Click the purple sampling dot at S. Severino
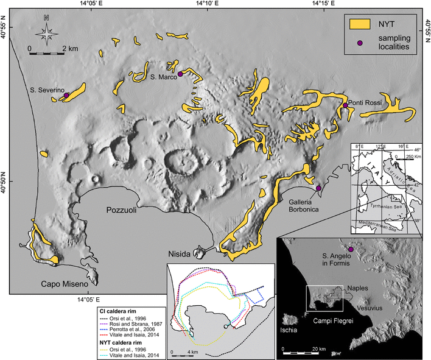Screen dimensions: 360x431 66,94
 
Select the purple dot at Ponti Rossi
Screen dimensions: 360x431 345,105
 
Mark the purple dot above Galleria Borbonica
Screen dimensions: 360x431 318,188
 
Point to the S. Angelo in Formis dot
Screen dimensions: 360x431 351,249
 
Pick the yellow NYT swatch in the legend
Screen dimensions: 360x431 360,24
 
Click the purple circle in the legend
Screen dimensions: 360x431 360,43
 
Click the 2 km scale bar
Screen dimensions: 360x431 46,54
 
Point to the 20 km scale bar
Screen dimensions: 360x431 301,353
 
